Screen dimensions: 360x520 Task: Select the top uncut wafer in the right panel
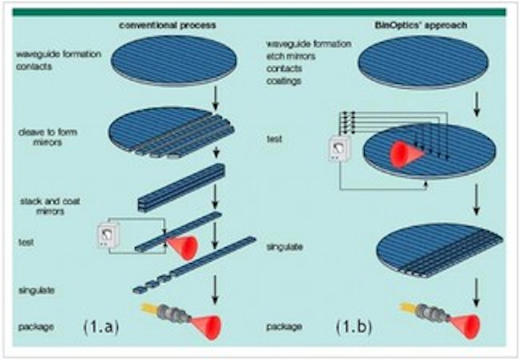pyautogui.click(x=428, y=65)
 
